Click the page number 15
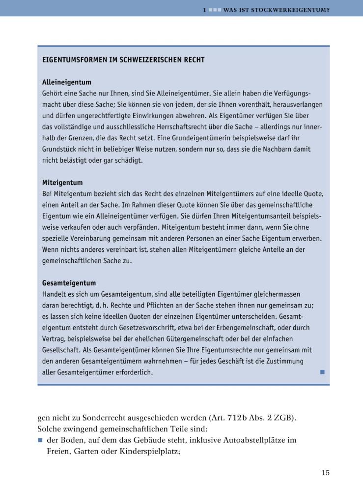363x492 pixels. (x=325, y=473)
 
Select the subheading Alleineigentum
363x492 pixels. (x=67, y=82)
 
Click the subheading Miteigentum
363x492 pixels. (x=62, y=183)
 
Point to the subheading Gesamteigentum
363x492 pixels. (x=69, y=283)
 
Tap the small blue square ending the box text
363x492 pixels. (x=322, y=372)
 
